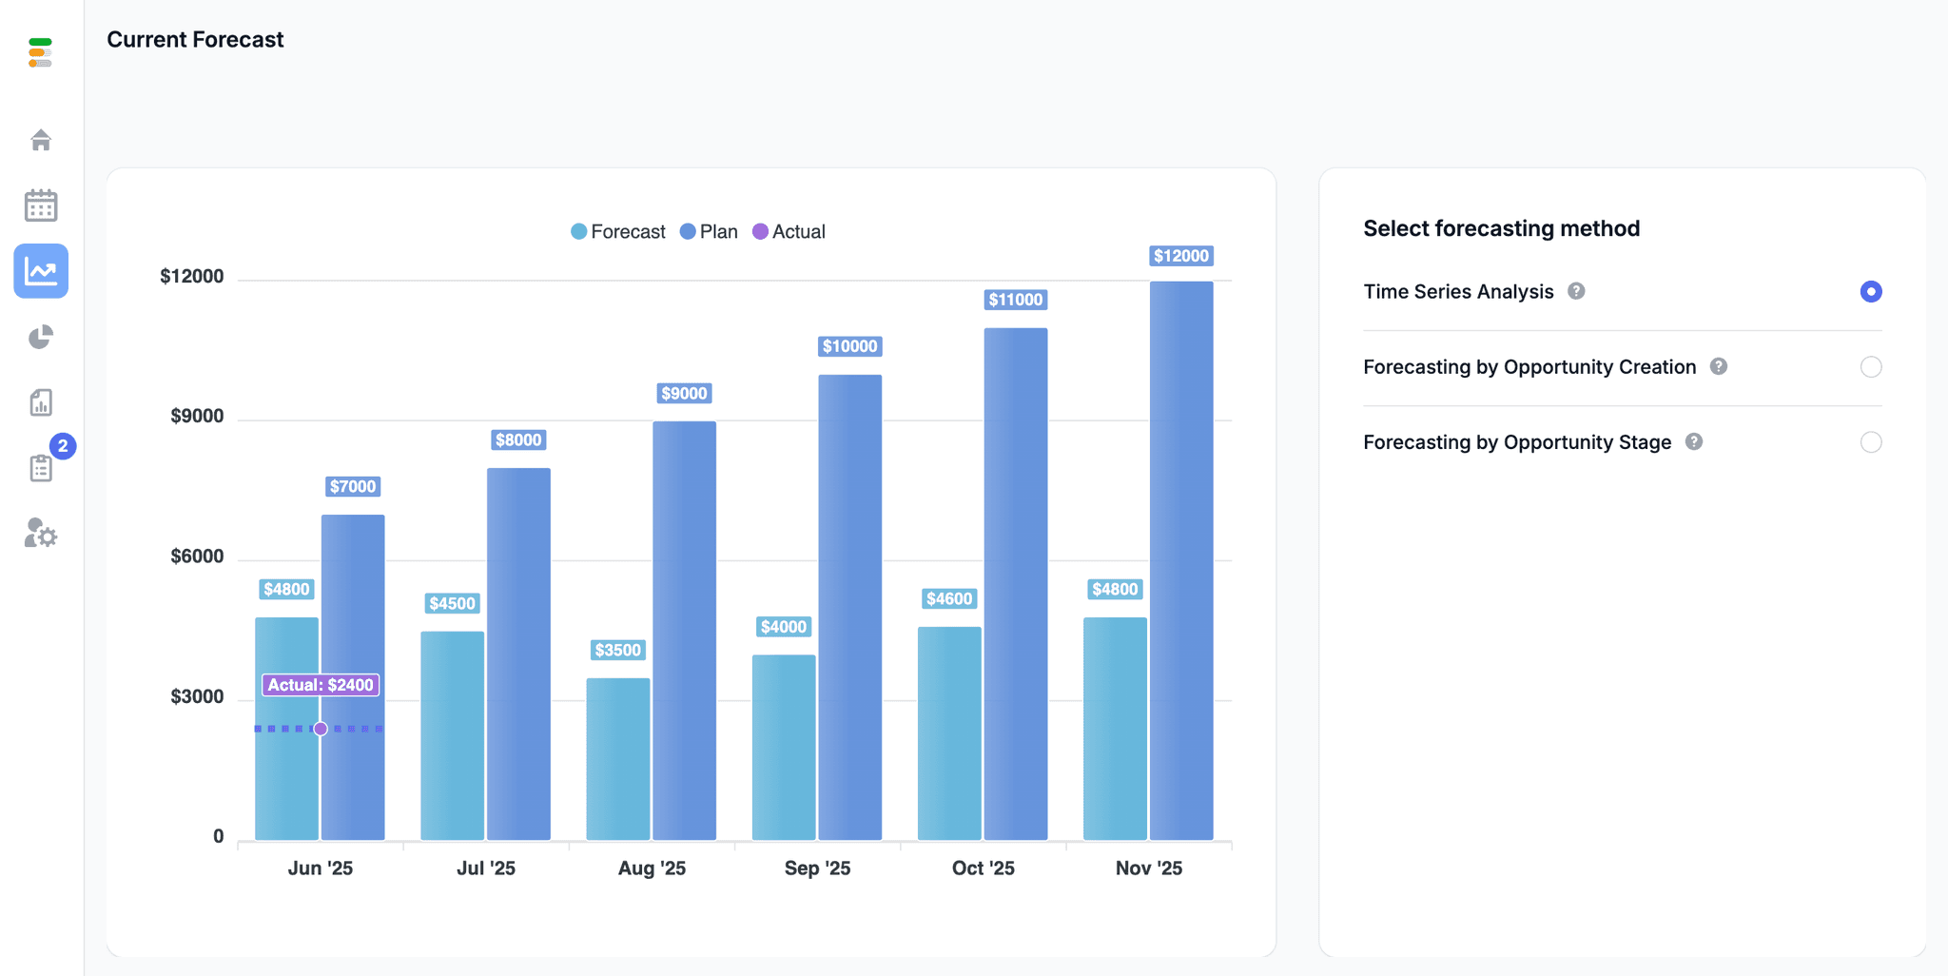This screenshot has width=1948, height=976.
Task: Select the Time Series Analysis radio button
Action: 1870,292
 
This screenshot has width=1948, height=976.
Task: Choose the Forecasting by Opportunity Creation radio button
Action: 1870,367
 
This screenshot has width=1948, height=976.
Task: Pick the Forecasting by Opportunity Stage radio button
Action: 1870,442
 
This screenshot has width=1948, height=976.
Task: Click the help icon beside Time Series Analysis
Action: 1576,291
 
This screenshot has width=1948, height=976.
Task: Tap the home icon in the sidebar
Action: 41,140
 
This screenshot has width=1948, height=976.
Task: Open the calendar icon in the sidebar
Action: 41,205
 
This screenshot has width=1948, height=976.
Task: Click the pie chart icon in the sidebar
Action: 41,337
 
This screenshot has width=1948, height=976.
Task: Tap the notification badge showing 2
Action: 63,446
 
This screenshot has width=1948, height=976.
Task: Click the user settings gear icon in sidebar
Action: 41,534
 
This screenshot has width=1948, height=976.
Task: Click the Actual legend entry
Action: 789,232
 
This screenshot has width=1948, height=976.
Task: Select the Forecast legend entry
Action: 618,232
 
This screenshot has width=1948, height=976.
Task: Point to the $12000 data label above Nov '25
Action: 1180,256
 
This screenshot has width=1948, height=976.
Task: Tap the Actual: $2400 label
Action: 321,685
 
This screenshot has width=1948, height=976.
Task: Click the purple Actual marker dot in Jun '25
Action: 321,729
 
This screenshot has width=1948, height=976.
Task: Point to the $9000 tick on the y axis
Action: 197,417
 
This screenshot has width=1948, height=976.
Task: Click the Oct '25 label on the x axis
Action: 983,868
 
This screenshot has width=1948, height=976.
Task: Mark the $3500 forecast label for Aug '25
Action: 617,651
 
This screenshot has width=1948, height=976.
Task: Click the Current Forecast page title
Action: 195,40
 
